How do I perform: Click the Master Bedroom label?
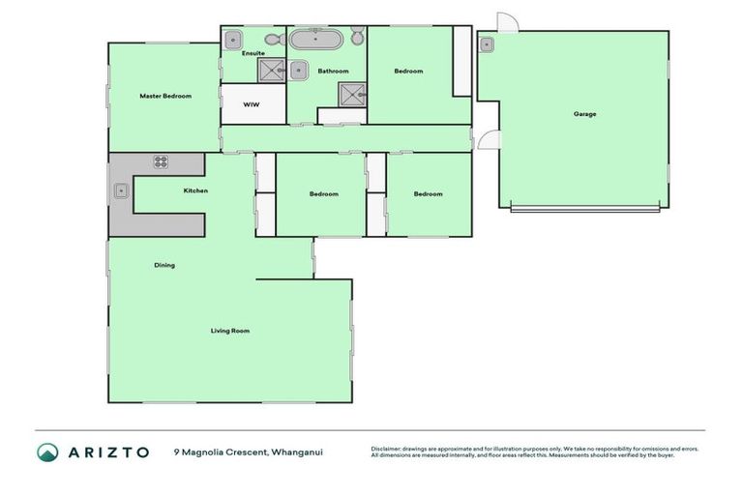tap(164, 96)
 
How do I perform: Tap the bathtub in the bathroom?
tap(315, 41)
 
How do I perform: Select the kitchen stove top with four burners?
tap(161, 162)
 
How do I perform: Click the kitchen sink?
tap(122, 190)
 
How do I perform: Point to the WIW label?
tap(251, 104)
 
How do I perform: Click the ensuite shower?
tap(271, 69)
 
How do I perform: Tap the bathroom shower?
tap(350, 94)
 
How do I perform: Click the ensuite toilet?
tap(272, 40)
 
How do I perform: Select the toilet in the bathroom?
tap(357, 38)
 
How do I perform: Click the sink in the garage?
tap(486, 44)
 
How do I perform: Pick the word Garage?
tap(584, 114)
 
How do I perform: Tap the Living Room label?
tap(230, 331)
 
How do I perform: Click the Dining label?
tap(164, 265)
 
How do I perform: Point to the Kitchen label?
tap(195, 190)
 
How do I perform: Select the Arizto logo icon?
tap(47, 451)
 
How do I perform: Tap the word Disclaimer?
tap(387, 448)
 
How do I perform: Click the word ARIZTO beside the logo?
tap(107, 451)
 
